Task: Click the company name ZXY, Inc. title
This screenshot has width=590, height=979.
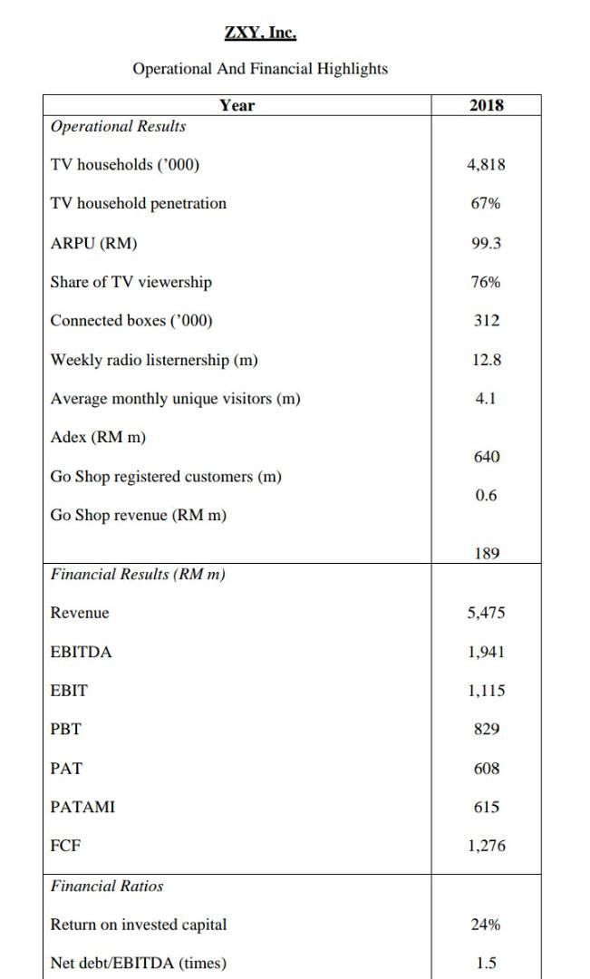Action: (260, 34)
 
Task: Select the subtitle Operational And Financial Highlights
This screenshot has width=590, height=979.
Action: (260, 69)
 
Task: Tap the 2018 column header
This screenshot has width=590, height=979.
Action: (487, 105)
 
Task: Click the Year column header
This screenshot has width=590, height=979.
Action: (237, 105)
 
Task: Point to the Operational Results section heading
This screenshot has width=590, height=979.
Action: (118, 127)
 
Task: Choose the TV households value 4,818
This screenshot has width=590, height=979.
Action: (487, 165)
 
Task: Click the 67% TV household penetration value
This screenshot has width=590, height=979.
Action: (486, 203)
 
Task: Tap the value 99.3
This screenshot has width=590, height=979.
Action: (487, 243)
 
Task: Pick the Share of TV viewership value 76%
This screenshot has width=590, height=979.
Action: (486, 282)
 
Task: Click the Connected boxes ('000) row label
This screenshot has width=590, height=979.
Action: (131, 321)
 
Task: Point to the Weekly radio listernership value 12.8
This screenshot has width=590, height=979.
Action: (487, 360)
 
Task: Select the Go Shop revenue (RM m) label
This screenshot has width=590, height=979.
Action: (139, 516)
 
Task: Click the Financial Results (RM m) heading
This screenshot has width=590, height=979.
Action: (138, 575)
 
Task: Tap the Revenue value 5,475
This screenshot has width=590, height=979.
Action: (487, 613)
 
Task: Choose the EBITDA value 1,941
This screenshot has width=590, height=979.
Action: (487, 652)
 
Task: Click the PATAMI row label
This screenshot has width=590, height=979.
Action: (82, 807)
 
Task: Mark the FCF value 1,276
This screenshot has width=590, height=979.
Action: (487, 846)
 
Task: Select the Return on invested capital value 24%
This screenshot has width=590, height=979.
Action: (486, 925)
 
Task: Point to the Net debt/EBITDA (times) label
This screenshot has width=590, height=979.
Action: (139, 963)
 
